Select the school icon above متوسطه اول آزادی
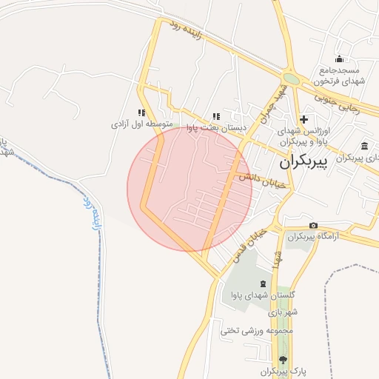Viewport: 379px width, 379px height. pos(141,113)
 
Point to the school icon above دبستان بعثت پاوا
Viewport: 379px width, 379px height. pos(216,116)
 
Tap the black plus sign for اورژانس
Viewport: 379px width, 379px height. pos(303,118)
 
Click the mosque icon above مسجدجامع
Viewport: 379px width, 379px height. pos(340,59)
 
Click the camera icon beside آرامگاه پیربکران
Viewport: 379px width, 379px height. pos(314,225)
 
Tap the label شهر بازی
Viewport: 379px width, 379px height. pos(284,312)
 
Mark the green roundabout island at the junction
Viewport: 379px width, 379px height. pos(292,78)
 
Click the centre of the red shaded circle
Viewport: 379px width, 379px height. pos(189,189)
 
